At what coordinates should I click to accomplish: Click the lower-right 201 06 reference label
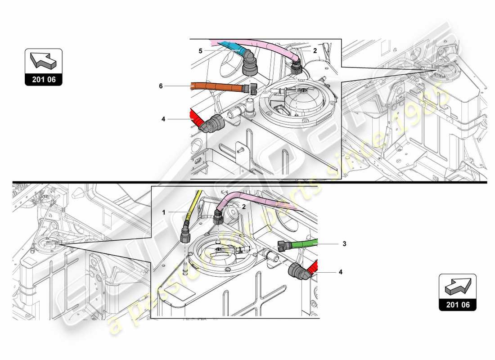click(x=458, y=305)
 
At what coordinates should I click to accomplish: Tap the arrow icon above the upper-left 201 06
click(x=43, y=60)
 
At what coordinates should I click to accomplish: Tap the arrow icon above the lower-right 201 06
click(x=458, y=285)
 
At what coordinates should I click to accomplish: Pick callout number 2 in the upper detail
click(x=315, y=51)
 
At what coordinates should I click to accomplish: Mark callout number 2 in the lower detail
click(x=243, y=207)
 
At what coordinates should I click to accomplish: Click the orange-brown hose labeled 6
click(x=216, y=86)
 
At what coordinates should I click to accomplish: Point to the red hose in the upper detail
click(x=196, y=118)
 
